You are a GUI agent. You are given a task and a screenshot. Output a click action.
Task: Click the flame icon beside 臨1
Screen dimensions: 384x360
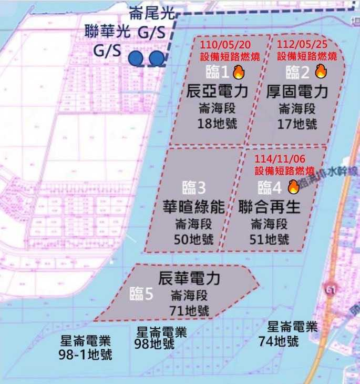[x=239, y=72]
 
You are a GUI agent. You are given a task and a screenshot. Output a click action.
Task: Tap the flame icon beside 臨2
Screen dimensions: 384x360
[x=321, y=72]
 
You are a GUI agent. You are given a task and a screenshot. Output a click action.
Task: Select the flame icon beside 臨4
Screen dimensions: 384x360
[x=293, y=186]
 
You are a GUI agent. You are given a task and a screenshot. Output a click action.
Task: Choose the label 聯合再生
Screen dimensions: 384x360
[x=270, y=206]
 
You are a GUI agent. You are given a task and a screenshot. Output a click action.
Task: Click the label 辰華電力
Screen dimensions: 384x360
[x=189, y=278]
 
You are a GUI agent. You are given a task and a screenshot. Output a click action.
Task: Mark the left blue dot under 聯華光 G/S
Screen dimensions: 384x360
[x=137, y=58]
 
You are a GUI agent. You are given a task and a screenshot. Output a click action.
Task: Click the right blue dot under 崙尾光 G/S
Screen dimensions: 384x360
[x=156, y=58]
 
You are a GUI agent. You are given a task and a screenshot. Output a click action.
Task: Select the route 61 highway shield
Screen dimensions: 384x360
[x=331, y=289]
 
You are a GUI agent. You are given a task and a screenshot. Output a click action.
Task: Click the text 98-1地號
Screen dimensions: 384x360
[x=86, y=354]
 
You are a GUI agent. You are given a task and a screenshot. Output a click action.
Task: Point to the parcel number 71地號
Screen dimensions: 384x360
[x=189, y=310]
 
